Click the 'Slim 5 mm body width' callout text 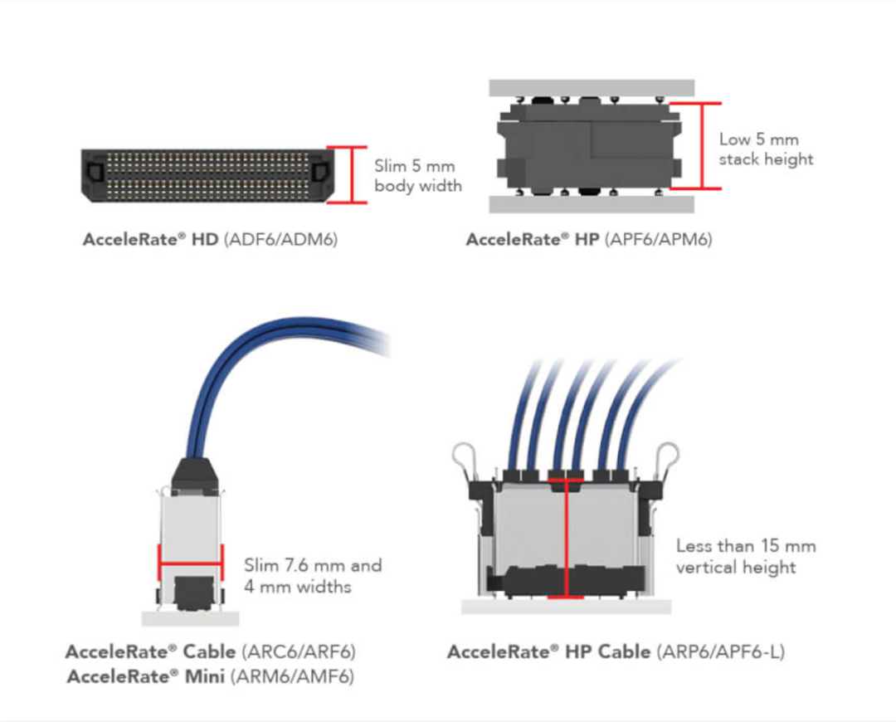417,176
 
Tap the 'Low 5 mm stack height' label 766,149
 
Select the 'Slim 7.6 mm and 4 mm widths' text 313,576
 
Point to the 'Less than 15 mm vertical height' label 745,556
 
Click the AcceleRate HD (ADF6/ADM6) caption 210,240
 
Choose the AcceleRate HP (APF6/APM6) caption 588,240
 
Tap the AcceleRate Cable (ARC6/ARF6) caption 210,651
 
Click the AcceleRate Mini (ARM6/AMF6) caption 210,676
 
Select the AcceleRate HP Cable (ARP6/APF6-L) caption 615,651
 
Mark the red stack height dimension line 702,146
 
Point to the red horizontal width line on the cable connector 190,564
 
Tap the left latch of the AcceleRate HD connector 94,172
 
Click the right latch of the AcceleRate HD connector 319,172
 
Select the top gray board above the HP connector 591,88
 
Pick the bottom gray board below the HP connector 591,204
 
